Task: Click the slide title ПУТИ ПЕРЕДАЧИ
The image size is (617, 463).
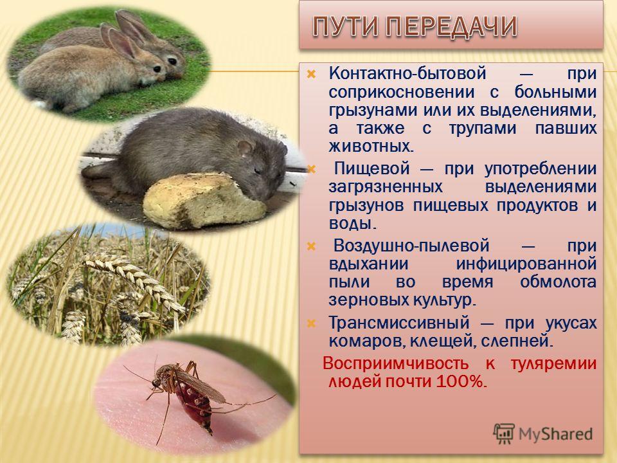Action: coord(415,26)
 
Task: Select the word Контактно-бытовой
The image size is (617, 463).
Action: coord(407,73)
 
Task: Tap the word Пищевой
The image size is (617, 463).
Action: coord(372,169)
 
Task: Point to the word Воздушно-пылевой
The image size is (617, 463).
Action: coord(411,246)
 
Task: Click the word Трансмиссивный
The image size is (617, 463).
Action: coord(399,323)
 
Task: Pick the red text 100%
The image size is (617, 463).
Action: coord(461,381)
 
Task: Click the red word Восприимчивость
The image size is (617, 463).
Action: coord(395,363)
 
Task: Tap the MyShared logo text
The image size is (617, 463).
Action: coord(555,434)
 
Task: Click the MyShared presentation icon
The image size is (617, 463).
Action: coord(504,433)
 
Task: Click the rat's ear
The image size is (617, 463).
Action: coord(245,149)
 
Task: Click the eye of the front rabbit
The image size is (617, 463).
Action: coord(157,69)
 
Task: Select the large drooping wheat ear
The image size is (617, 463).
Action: coord(134,280)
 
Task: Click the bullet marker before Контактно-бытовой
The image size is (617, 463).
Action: coord(311,73)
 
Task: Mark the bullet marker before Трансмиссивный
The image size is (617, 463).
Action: coord(311,323)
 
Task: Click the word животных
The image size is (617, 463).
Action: coord(371,147)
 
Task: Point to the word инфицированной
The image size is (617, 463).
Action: coord(526,264)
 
